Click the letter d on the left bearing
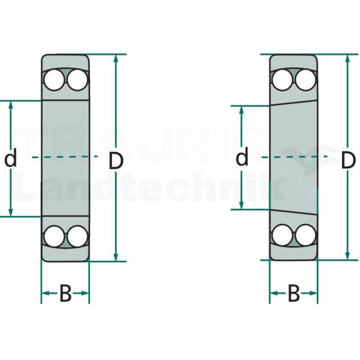click(11, 157)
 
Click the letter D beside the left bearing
click(116, 161)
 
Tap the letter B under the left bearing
click(65, 293)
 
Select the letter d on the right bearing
click(242, 156)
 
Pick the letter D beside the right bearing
click(349, 160)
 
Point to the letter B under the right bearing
click(294, 293)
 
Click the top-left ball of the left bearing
click(54, 80)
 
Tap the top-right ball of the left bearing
click(78, 80)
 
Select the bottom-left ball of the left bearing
click(54, 237)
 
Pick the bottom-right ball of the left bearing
click(78, 237)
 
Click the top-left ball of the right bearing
click(282, 80)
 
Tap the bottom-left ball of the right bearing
click(282, 235)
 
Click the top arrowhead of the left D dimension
click(116, 59)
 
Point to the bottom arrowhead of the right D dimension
click(348, 256)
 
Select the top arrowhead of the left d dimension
click(11, 105)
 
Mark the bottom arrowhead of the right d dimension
click(241, 205)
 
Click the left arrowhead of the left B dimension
click(46, 293)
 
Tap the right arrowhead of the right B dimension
click(313, 293)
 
